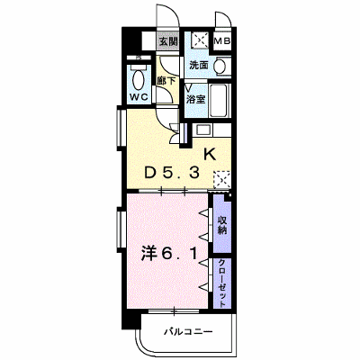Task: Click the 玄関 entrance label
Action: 168,42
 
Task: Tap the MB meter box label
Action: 222,40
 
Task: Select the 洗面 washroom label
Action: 199,65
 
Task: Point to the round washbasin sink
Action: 221,65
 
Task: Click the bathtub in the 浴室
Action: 220,101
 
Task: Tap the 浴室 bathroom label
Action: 196,99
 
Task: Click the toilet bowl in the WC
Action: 138,79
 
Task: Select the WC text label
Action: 139,97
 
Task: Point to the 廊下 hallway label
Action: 166,81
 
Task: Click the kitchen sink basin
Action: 203,130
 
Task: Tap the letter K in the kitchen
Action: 210,155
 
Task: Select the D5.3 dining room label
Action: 172,173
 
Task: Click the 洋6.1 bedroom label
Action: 169,255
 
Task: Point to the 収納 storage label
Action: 222,225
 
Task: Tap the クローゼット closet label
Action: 222,283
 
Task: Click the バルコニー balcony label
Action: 188,332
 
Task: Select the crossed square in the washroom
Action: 200,40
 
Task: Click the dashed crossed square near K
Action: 221,180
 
